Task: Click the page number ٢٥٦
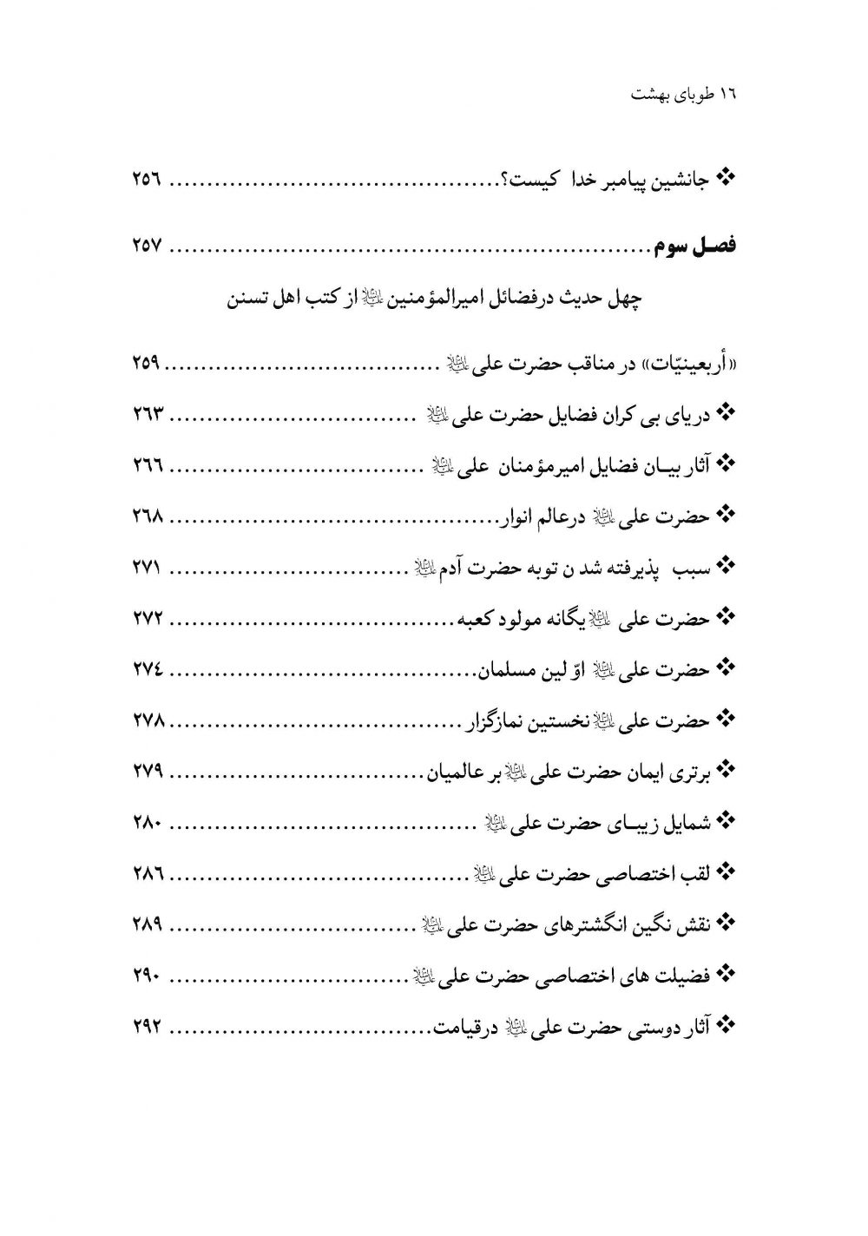(x=148, y=181)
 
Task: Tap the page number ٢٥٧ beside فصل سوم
(x=148, y=247)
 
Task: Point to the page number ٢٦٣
(x=148, y=414)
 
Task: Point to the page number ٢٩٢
(x=148, y=1028)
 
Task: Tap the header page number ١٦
(x=727, y=95)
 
